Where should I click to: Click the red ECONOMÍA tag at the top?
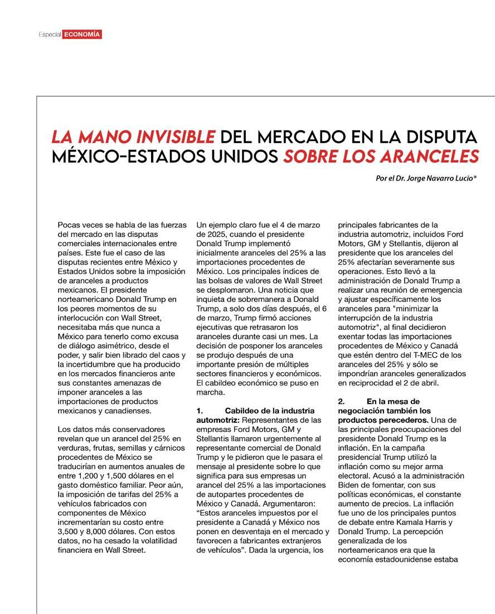click(x=82, y=35)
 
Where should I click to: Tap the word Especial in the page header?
click(x=50, y=35)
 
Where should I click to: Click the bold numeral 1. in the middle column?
click(x=200, y=411)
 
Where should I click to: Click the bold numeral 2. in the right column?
click(x=342, y=401)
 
